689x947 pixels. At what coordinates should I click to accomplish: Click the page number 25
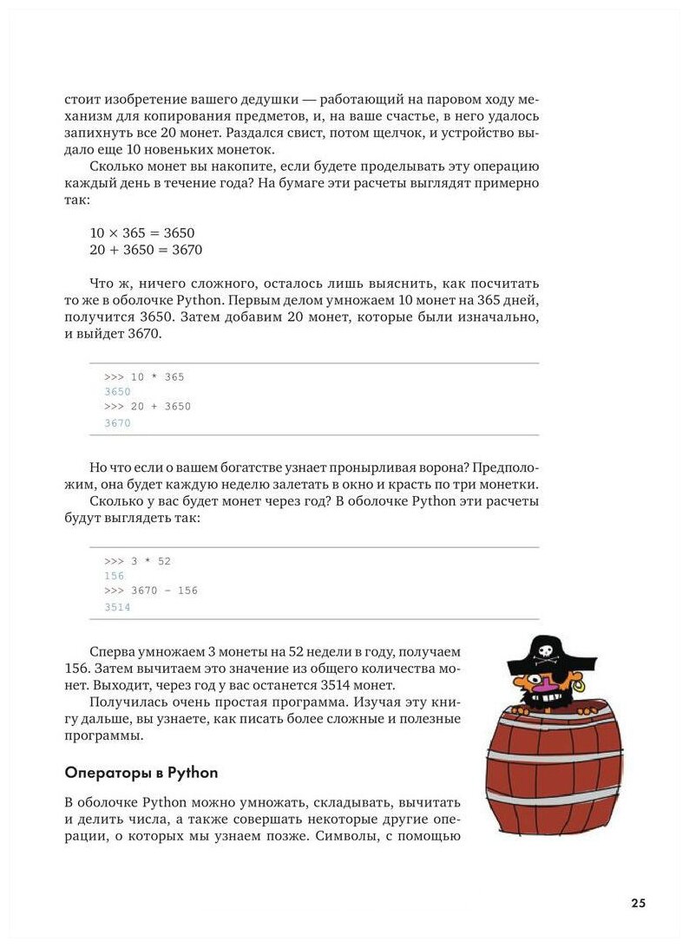638,903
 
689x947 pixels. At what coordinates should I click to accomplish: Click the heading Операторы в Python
141,772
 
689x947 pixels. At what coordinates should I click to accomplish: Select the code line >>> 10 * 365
144,377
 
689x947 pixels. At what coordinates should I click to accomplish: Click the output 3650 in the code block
117,392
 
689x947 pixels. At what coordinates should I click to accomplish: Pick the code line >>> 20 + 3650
148,407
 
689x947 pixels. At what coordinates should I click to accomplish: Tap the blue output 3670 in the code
117,423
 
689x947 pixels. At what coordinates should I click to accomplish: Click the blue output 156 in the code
114,576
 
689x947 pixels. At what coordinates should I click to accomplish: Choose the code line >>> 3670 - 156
151,591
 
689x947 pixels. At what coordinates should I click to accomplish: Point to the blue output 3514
117,608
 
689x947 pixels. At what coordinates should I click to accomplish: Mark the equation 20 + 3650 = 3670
146,250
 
